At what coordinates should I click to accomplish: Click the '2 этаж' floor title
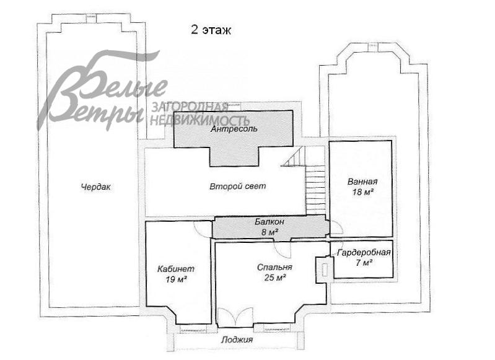tap(211, 30)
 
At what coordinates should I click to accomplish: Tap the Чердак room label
tap(95, 187)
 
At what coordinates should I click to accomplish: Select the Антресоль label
tap(234, 129)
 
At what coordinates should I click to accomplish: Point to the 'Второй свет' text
tap(238, 187)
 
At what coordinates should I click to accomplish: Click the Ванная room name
tap(362, 182)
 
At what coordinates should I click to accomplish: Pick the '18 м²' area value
tap(363, 192)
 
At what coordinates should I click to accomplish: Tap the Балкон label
tap(269, 222)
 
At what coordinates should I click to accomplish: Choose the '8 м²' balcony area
tap(269, 232)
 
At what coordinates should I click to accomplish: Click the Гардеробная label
tap(364, 253)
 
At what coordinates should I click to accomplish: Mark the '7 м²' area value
tap(364, 263)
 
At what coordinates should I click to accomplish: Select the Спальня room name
tap(274, 267)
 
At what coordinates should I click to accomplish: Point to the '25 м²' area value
tap(275, 278)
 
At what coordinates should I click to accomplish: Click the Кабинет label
tap(176, 269)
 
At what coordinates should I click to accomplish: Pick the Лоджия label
tap(237, 340)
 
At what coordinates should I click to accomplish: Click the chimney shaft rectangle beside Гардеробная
tap(324, 270)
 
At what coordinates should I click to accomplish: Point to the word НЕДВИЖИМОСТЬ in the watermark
tap(200, 120)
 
